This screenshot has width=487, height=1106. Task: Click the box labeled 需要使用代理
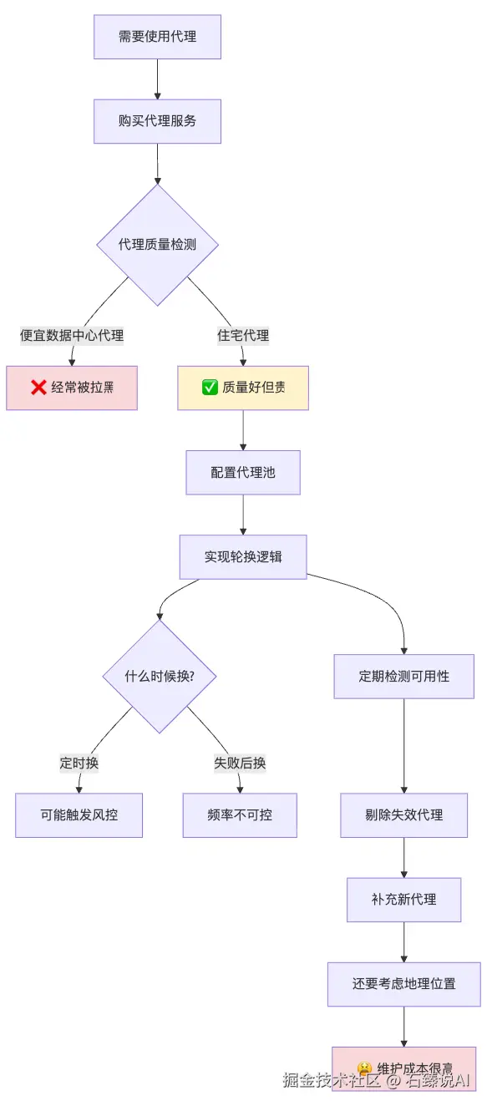(157, 37)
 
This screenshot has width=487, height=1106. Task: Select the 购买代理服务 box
(157, 121)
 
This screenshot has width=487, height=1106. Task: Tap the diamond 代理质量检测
(157, 245)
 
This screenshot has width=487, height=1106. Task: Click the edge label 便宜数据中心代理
(72, 336)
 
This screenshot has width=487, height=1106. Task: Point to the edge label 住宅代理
(243, 336)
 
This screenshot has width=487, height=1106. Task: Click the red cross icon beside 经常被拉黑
(38, 388)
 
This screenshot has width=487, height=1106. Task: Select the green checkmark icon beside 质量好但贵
(210, 388)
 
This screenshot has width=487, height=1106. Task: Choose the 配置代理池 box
(243, 473)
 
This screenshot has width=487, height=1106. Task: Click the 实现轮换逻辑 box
(243, 556)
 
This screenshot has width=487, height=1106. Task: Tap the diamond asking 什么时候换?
(160, 676)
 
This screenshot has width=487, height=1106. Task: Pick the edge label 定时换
(79, 763)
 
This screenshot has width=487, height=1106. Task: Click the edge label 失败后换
(240, 763)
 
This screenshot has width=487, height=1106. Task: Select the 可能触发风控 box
(79, 814)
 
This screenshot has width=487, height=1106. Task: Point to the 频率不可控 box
(240, 814)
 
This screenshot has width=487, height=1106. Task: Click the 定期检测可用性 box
(404, 676)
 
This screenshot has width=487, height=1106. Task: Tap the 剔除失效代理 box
(404, 815)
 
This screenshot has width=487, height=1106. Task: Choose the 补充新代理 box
(404, 900)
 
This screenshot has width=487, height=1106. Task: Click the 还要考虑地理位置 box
(404, 984)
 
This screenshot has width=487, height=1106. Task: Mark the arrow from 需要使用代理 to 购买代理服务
(157, 79)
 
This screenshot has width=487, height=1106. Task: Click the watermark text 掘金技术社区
(331, 1079)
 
